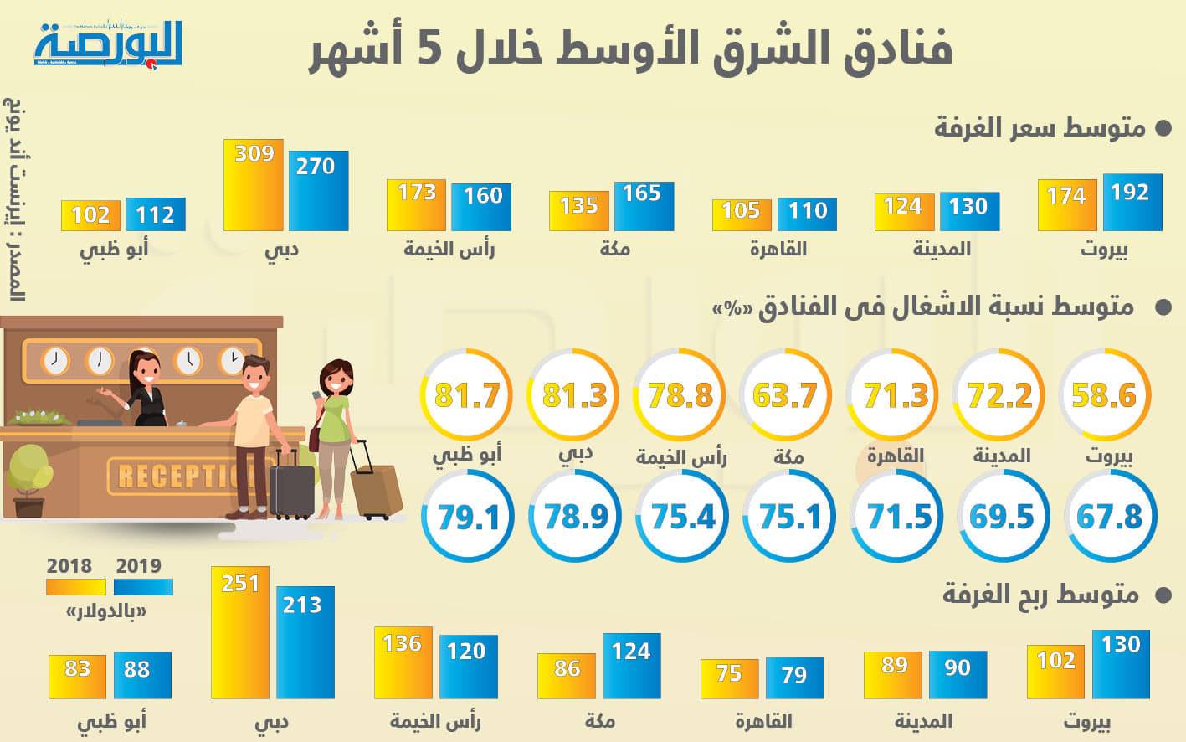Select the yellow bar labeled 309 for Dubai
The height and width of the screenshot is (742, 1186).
point(254,185)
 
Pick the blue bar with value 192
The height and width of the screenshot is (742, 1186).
point(1132,202)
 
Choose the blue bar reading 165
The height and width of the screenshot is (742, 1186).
point(644,206)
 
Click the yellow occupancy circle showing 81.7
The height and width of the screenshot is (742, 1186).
point(467,394)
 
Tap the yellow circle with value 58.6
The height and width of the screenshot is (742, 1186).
point(1104,394)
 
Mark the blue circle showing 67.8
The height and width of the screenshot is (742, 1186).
point(1109,517)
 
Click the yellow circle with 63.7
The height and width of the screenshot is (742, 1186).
point(784,394)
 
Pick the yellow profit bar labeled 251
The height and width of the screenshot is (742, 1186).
point(240,633)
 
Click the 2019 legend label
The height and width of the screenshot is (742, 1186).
point(139,565)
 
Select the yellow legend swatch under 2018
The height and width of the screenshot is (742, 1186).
point(76,586)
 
